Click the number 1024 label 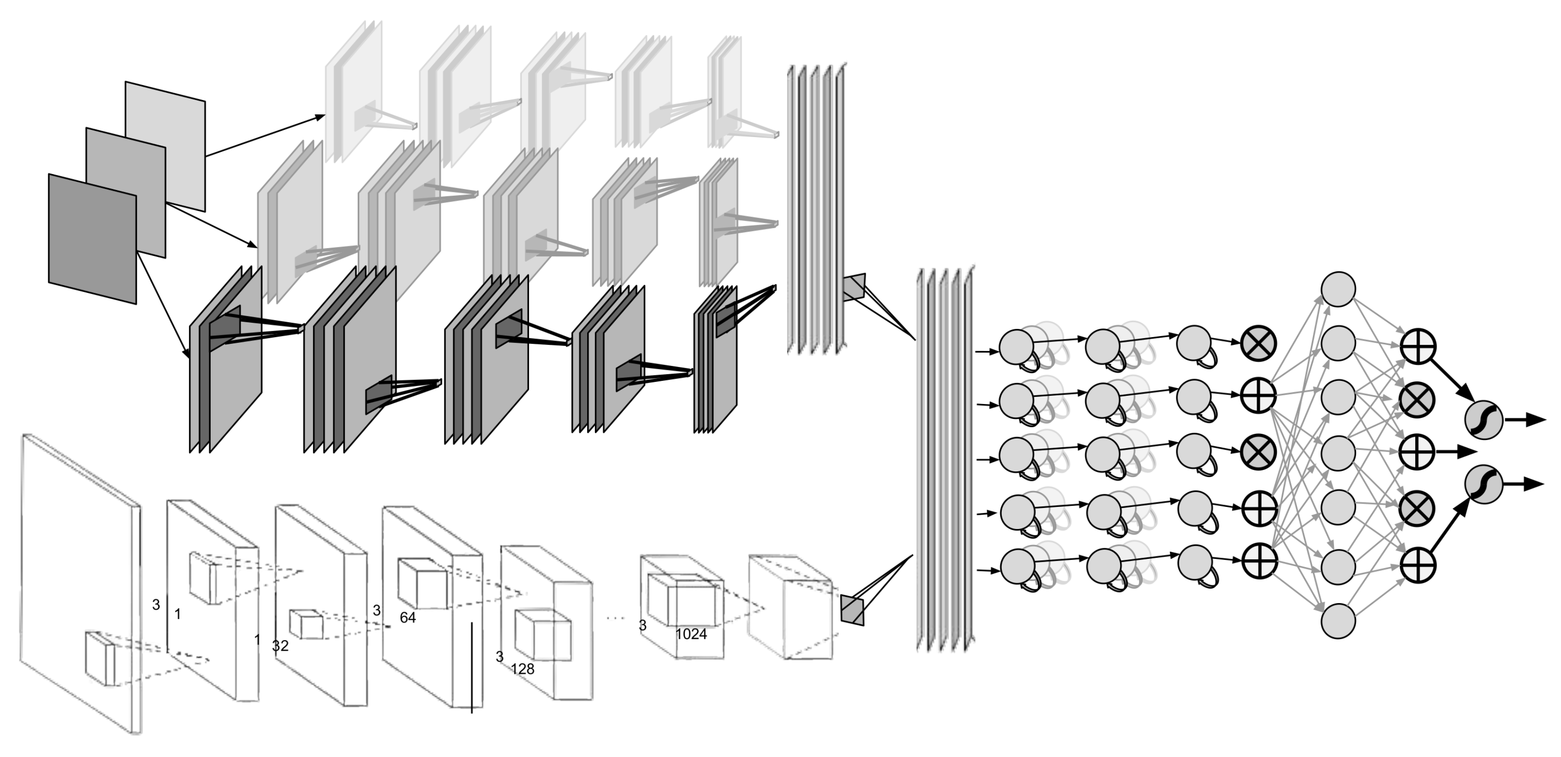(x=691, y=634)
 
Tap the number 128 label (x=522, y=669)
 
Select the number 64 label (x=408, y=618)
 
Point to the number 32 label (x=280, y=646)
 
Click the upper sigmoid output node (x=1484, y=419)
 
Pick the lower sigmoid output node (x=1484, y=484)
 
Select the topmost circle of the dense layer (x=1338, y=289)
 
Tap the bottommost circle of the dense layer (x=1338, y=620)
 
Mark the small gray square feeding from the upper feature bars (x=855, y=287)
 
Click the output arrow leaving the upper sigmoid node (x=1525, y=419)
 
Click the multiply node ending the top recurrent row (x=1259, y=344)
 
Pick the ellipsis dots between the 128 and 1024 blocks (x=615, y=618)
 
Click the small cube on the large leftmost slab (x=100, y=659)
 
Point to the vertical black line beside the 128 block (x=471, y=667)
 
